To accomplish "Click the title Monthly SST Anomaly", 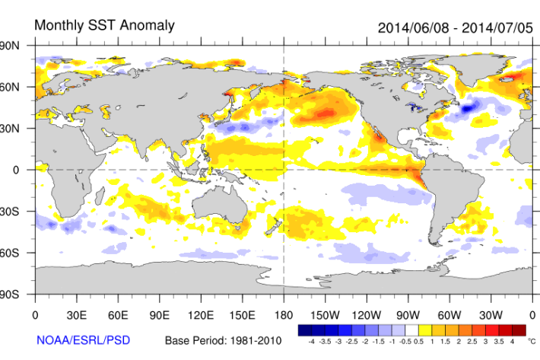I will [105, 25].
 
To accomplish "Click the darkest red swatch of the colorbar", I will [518, 330].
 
